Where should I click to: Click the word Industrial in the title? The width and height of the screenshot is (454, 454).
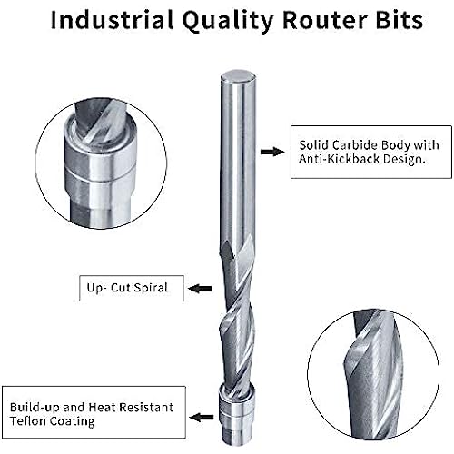[x=112, y=20]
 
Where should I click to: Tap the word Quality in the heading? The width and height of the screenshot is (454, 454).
[x=228, y=22]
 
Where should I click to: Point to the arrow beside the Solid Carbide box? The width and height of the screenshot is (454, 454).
[x=272, y=152]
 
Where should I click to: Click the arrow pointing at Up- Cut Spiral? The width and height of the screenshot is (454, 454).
[x=200, y=288]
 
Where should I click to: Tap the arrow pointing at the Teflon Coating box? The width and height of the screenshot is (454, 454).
[x=202, y=418]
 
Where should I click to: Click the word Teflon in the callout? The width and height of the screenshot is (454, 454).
[x=28, y=421]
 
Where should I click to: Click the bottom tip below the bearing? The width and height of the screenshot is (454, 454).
[x=232, y=440]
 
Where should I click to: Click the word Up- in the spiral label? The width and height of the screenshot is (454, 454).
[x=96, y=288]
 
